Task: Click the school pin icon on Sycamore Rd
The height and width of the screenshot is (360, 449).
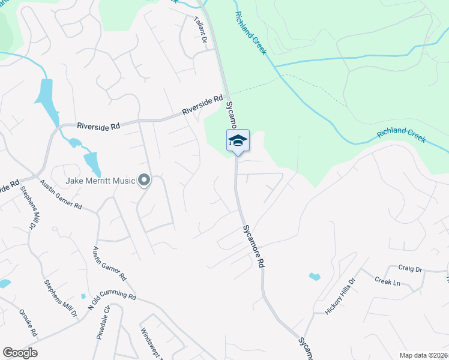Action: click(x=238, y=141)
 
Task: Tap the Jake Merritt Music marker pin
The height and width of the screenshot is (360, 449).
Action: click(x=144, y=179)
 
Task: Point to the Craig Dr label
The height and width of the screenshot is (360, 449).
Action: click(x=411, y=269)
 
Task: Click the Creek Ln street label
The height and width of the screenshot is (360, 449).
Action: click(x=387, y=281)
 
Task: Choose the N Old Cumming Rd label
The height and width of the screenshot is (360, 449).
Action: click(x=112, y=301)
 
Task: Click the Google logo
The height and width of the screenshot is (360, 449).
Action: click(x=20, y=353)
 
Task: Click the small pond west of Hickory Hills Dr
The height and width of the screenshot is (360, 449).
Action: click(x=315, y=277)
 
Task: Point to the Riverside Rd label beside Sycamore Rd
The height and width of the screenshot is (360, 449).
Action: click(x=202, y=106)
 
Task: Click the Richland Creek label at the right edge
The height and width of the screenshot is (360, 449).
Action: click(x=402, y=137)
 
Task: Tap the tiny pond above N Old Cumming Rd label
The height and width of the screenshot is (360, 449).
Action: click(x=83, y=296)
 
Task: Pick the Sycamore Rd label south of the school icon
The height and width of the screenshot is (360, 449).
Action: click(x=254, y=246)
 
